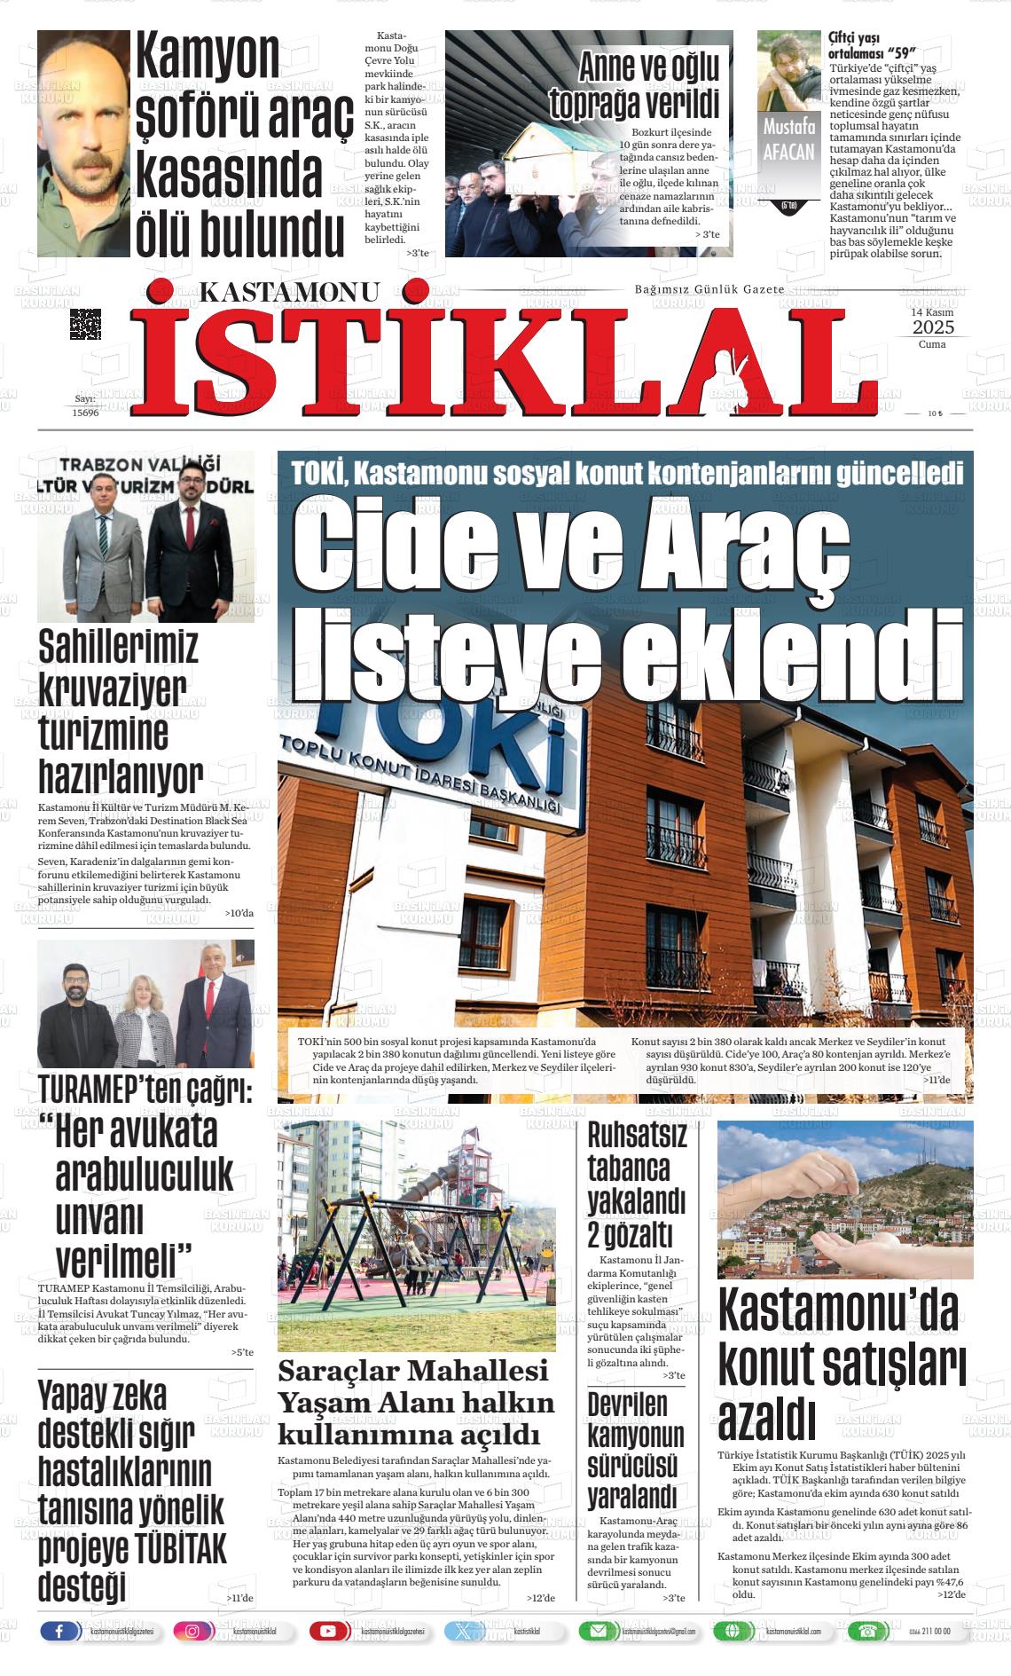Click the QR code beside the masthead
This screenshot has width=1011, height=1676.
[x=85, y=324]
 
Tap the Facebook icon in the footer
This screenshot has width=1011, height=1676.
[x=59, y=1631]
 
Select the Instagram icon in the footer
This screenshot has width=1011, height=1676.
[x=192, y=1631]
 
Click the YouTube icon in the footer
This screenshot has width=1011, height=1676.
[x=328, y=1631]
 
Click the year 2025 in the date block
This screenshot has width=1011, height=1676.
[x=931, y=327]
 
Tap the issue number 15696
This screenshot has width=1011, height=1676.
[x=85, y=413]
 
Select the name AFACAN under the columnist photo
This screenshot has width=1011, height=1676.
[x=788, y=151]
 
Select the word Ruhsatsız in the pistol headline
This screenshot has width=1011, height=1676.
[x=637, y=1135]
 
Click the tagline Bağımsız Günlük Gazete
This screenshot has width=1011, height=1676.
[x=709, y=290]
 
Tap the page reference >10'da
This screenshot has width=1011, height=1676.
[x=239, y=913]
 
